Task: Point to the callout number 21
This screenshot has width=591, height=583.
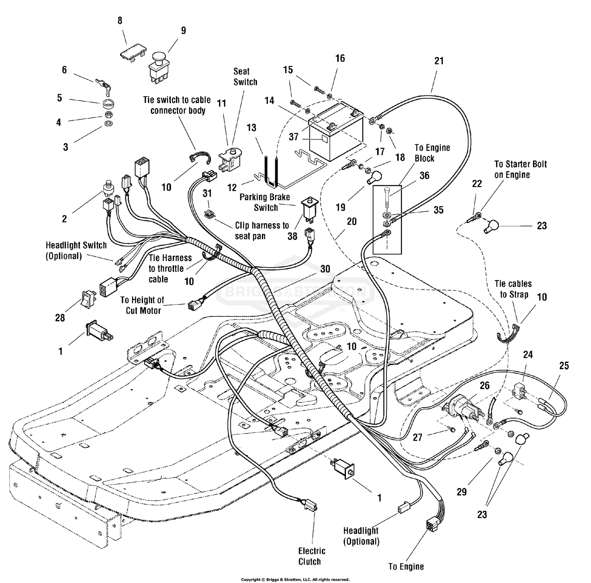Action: click(439, 61)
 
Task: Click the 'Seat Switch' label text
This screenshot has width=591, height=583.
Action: click(245, 77)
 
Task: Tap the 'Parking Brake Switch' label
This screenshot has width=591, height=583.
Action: click(265, 202)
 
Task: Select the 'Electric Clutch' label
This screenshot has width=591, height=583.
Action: click(312, 556)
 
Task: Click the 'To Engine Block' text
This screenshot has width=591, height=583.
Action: click(432, 153)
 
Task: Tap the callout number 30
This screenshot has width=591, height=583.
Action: click(325, 269)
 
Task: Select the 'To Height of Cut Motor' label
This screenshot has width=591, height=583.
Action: click(142, 305)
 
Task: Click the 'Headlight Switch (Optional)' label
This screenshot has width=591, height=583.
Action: click(76, 250)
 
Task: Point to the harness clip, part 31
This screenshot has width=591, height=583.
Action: click(209, 214)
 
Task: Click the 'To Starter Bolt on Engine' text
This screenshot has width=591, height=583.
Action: click(520, 169)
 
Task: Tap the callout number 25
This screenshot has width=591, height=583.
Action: click(564, 366)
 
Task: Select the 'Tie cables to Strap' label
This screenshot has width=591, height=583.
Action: click(513, 289)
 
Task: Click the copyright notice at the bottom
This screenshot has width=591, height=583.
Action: click(295, 579)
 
